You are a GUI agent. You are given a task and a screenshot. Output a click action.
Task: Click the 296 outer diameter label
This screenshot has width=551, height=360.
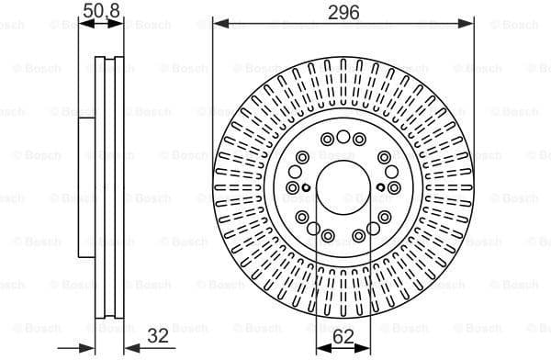coord(343,13)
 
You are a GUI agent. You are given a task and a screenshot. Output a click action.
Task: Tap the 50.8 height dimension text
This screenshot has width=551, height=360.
coord(100,12)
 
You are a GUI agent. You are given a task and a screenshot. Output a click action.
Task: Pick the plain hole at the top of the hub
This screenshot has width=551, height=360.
coord(343,137)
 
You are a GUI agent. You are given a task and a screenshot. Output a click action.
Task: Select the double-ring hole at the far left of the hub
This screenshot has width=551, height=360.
coord(293,188)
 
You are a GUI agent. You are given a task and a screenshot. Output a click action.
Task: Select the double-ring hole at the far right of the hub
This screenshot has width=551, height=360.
coord(393,188)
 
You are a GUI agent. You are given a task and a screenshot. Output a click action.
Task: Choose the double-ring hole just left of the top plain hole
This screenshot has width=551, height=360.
coord(327,140)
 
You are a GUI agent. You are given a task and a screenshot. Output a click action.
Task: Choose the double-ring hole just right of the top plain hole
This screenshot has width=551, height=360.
coord(359,140)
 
